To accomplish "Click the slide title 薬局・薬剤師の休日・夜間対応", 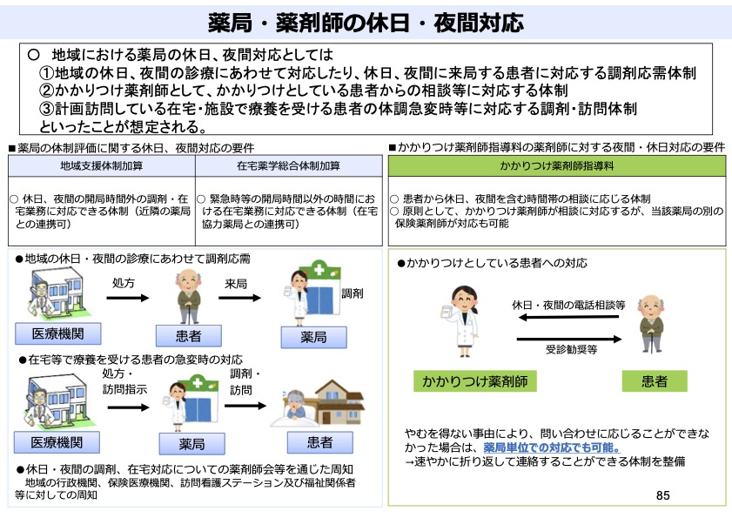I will tap(366, 20).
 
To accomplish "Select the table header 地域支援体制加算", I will tap(102, 165).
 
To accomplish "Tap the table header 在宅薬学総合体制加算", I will tap(288, 165).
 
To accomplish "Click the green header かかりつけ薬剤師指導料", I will tap(557, 165).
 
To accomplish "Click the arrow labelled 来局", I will tap(236, 298).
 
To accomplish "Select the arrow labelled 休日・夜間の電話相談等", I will tap(567, 319).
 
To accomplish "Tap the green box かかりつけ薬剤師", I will tap(474, 381).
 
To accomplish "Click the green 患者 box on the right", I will tap(655, 381).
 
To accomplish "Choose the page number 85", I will tap(663, 495).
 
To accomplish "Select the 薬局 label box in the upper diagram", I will tap(312, 336).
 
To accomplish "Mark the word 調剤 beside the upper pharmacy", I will tap(352, 293).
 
